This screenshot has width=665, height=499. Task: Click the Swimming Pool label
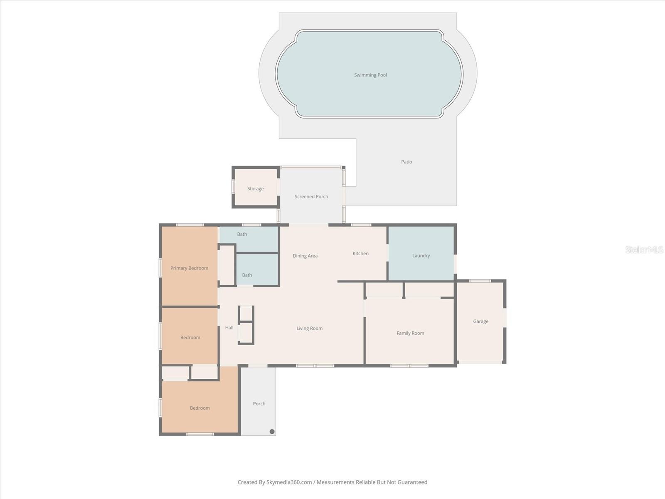coord(370,75)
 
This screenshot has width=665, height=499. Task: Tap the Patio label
coord(406,162)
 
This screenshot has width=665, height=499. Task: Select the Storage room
coord(255,188)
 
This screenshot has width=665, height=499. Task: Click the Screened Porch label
coord(311,196)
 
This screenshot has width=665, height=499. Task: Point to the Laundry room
coord(421,255)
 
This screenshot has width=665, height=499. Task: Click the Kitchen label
coord(360,253)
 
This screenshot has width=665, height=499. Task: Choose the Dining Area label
coord(305,256)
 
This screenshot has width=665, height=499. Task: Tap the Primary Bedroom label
coord(189,268)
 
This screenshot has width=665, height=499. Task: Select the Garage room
coord(480,321)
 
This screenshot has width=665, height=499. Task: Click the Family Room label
coord(410,333)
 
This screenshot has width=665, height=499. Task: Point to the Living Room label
coord(309,328)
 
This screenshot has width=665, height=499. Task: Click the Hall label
coord(229,327)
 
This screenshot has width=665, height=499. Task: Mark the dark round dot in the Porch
coord(272,432)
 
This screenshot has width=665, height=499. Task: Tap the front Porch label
coord(259,403)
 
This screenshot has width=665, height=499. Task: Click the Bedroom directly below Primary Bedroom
coord(190,337)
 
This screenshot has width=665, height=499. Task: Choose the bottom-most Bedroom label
coord(199,408)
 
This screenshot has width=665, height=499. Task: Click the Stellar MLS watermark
coord(644,249)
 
